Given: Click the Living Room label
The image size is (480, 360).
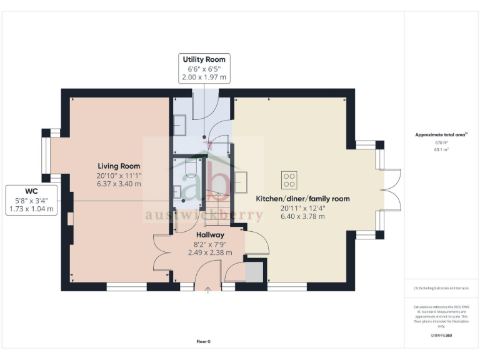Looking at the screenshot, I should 118,166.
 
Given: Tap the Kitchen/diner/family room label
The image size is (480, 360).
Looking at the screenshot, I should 302,199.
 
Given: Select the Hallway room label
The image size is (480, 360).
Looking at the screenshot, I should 209,235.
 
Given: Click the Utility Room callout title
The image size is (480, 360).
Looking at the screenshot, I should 204,59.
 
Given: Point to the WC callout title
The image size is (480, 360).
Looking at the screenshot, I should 31,191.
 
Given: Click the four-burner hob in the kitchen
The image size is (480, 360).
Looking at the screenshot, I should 289,181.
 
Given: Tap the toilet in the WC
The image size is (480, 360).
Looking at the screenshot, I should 191,170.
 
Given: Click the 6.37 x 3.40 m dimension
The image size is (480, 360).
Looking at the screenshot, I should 118,184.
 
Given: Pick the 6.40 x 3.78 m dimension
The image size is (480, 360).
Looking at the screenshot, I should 302,216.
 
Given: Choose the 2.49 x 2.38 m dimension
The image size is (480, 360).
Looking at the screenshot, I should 209,253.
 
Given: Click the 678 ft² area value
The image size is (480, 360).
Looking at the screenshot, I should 442,143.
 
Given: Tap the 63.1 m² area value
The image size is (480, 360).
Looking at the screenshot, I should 442,150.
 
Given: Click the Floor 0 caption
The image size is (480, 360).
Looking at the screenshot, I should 204,341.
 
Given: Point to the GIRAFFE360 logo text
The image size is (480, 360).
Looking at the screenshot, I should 441,336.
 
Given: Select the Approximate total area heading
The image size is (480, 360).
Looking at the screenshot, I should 441,134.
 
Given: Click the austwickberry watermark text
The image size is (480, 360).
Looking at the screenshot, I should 204,216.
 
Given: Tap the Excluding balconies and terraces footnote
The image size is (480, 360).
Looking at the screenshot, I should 441,288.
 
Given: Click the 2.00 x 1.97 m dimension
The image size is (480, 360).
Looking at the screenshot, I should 204,77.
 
